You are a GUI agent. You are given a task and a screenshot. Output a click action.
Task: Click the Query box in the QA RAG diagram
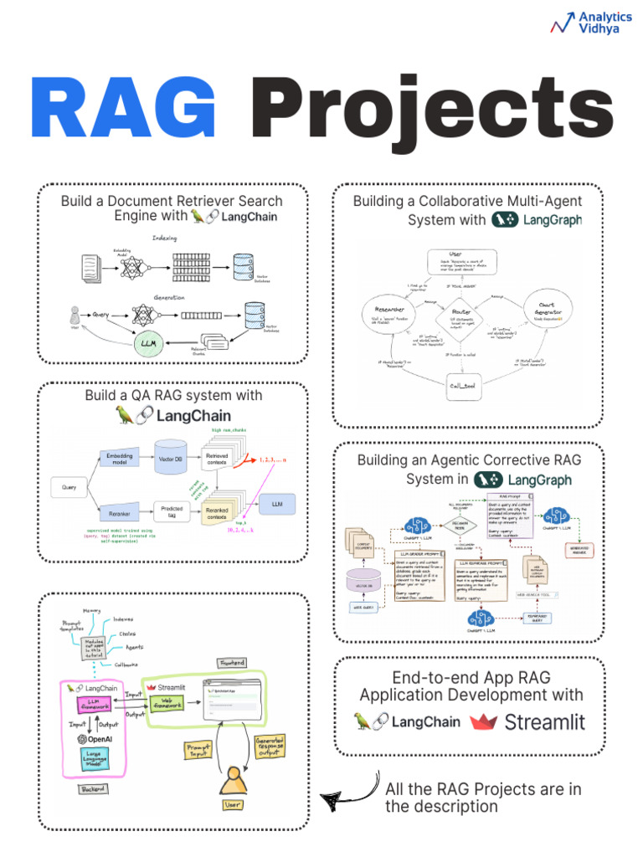(69, 486)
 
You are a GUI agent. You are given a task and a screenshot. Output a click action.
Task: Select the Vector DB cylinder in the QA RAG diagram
(170, 459)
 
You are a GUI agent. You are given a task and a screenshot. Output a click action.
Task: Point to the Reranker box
(116, 512)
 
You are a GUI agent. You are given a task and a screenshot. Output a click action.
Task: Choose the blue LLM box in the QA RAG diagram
(275, 505)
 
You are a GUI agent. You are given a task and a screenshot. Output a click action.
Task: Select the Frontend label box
(233, 661)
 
